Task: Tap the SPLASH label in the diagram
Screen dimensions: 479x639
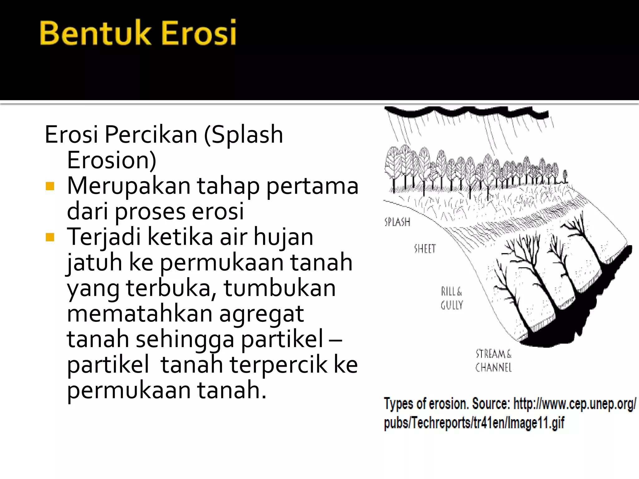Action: (397, 222)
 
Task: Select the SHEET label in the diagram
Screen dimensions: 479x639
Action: (425, 249)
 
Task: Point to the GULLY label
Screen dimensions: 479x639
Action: (452, 305)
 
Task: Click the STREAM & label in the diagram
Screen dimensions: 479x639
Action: (493, 354)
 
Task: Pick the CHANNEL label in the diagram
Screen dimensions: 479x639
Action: (493, 368)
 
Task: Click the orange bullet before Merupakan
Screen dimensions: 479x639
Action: (50, 186)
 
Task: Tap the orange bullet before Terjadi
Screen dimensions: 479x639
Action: (50, 237)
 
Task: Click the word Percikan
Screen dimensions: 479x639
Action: (151, 135)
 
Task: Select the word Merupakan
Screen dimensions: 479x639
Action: (129, 186)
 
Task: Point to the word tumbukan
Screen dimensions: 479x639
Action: (280, 288)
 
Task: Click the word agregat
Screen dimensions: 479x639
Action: (261, 314)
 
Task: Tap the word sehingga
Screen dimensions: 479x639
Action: (185, 339)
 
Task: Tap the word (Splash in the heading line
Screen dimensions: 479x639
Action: (243, 135)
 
